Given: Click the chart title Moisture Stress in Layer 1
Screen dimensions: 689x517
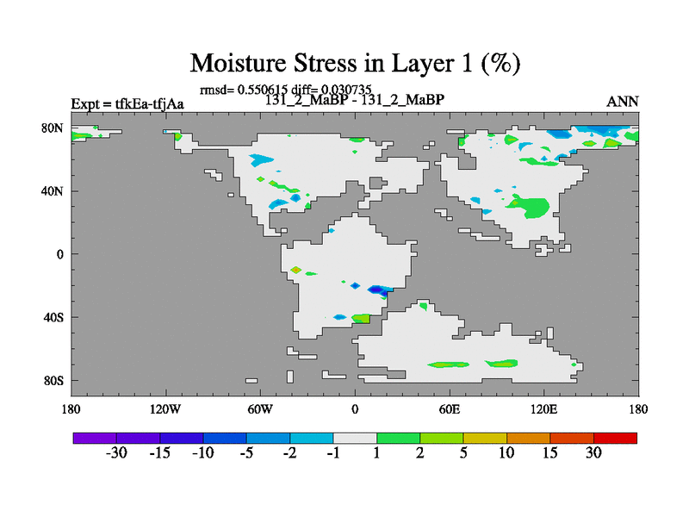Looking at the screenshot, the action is [x=355, y=63].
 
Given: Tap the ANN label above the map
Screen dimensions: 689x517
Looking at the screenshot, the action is [x=622, y=102].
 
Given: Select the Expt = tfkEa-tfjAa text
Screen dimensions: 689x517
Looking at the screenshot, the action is [x=127, y=104].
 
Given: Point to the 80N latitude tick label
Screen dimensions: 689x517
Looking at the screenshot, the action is [x=53, y=128].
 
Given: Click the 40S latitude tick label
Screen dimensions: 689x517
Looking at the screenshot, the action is [x=53, y=317].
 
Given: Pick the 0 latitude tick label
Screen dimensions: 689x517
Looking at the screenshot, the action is [x=59, y=254].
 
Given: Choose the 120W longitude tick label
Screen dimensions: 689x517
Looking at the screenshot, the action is [x=165, y=410].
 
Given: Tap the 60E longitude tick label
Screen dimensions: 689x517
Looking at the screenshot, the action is [x=450, y=410].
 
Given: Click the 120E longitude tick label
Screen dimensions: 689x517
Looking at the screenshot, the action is [x=544, y=410].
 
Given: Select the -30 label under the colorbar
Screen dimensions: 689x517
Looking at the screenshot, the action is [x=116, y=453].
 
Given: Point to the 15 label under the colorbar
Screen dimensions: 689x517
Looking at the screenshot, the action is [x=549, y=453].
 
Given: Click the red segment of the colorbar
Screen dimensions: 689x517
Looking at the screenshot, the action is [x=615, y=438].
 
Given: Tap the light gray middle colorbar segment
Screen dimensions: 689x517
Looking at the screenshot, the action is [x=355, y=438].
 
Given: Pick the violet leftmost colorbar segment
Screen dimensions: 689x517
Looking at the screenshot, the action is [x=95, y=438].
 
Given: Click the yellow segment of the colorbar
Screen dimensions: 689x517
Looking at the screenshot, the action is [x=485, y=438].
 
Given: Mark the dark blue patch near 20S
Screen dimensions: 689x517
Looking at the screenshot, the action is [x=378, y=290].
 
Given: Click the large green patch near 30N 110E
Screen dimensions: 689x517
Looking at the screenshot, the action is [x=530, y=206].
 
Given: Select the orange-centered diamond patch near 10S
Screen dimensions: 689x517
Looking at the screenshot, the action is [x=296, y=270].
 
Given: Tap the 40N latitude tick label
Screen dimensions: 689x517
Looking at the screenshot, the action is [x=53, y=191].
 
